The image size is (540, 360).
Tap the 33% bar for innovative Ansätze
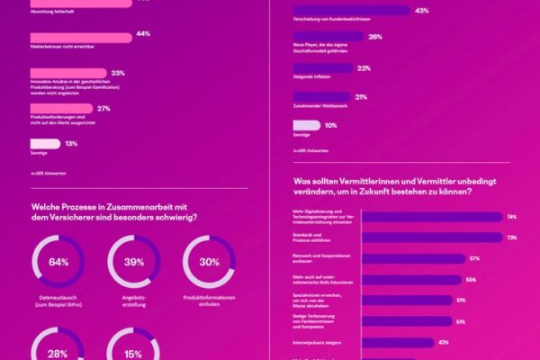(x=67, y=72)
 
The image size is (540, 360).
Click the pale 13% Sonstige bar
(x=45, y=143)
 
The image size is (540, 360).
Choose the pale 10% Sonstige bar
(x=306, y=125)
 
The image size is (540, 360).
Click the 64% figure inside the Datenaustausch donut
(x=58, y=262)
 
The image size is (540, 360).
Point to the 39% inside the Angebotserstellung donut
(x=134, y=262)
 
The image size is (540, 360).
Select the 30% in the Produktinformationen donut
(x=209, y=262)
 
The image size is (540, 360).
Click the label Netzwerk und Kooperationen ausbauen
(x=316, y=258)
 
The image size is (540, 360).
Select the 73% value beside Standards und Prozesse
(x=510, y=238)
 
